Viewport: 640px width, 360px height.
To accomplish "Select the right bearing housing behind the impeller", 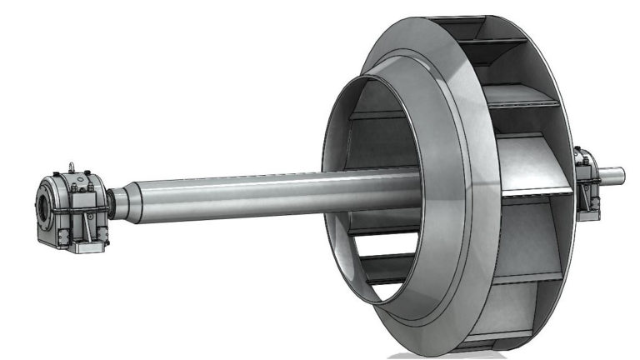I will coord(587,183).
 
